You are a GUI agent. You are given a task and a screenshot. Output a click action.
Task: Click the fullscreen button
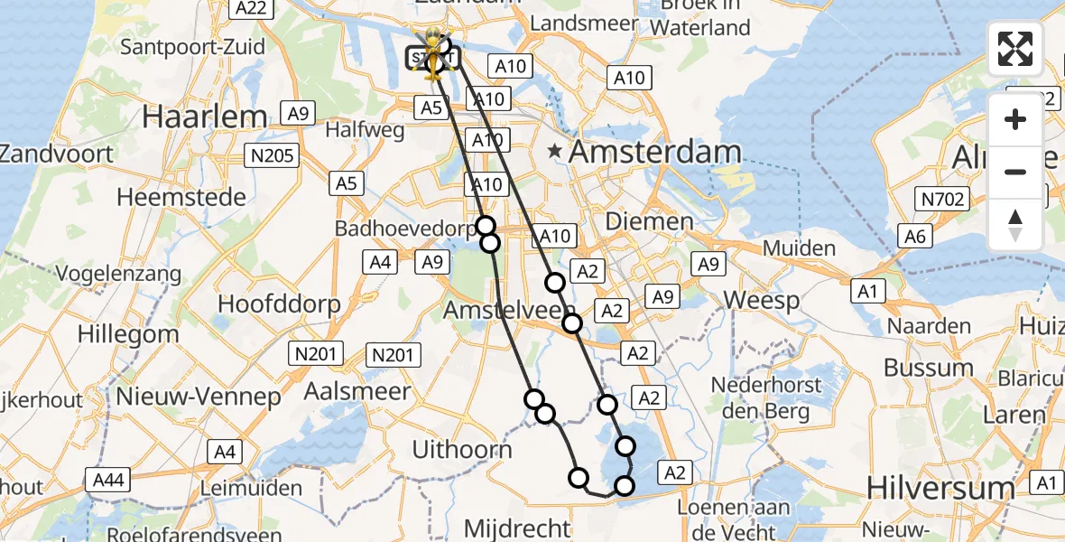coord(1015,49)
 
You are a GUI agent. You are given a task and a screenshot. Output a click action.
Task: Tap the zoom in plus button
coord(1015,119)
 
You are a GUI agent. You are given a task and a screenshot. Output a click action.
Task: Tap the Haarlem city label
coord(205,117)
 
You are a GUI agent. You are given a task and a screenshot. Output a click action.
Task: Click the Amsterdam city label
coord(654,152)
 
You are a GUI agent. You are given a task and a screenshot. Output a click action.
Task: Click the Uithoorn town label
coord(461,449)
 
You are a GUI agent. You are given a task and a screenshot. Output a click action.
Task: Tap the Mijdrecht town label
coord(517,528)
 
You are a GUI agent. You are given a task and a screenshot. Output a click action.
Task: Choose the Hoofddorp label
coord(279,304)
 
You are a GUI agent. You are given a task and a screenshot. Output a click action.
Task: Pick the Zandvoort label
coord(56,153)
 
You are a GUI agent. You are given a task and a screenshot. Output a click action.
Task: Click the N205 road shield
coord(273,156)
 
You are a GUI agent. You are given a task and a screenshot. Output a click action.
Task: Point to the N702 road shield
coord(941,199)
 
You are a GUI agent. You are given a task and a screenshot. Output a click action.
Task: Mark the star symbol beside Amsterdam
coord(554,151)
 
